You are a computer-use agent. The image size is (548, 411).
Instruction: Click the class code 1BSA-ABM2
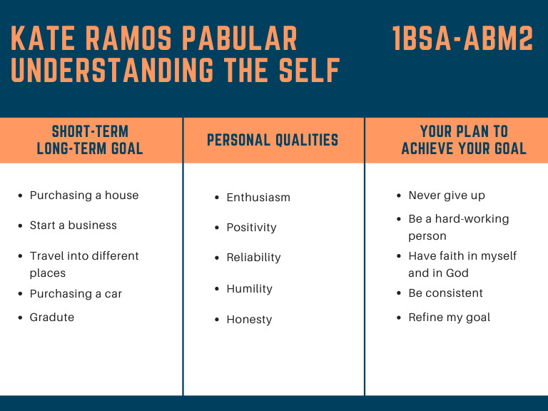[x=462, y=39]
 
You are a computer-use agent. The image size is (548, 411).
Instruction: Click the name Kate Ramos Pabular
[x=154, y=39]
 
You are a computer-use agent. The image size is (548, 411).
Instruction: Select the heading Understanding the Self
[x=176, y=71]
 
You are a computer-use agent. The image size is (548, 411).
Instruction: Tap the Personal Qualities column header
[x=273, y=140]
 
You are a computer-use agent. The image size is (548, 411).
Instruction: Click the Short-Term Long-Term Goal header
[x=90, y=140]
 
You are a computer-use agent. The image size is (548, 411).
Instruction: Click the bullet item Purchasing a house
[x=84, y=196]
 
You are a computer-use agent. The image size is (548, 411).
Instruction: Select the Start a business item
[x=73, y=225]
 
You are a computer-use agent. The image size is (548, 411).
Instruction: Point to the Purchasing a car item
[x=76, y=294]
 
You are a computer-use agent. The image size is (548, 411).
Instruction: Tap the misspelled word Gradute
[x=51, y=318]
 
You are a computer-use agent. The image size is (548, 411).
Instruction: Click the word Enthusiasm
[x=258, y=198]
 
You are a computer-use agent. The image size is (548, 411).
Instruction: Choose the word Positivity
[x=251, y=228]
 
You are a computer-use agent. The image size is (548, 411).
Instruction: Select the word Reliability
[x=253, y=258]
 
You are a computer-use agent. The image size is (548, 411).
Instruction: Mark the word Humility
[x=249, y=289]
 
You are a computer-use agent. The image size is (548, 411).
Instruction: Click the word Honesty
[x=249, y=320]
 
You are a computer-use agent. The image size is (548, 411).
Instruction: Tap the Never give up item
[x=447, y=196]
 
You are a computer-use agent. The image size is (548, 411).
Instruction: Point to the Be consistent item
[x=445, y=293]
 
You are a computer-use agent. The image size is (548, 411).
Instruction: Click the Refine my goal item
[x=449, y=318]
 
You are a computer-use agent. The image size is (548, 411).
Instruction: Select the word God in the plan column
[x=460, y=273]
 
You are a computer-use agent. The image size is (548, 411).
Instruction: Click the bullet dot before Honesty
[x=217, y=320]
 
